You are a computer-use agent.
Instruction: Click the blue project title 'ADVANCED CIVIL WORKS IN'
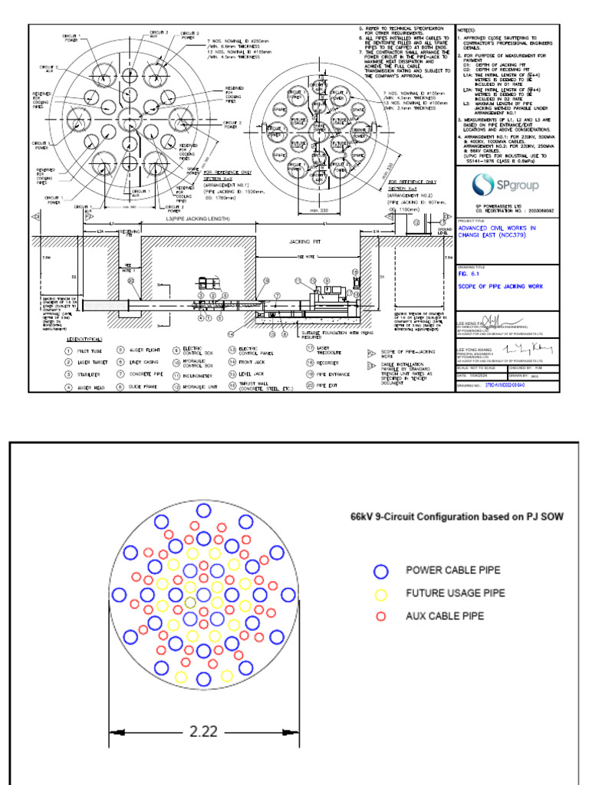tap(496, 228)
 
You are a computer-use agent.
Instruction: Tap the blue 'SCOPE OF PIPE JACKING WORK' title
tap(500, 286)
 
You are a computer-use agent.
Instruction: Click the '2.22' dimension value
tap(203, 731)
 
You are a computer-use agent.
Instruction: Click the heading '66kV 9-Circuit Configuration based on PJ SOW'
tap(457, 517)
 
